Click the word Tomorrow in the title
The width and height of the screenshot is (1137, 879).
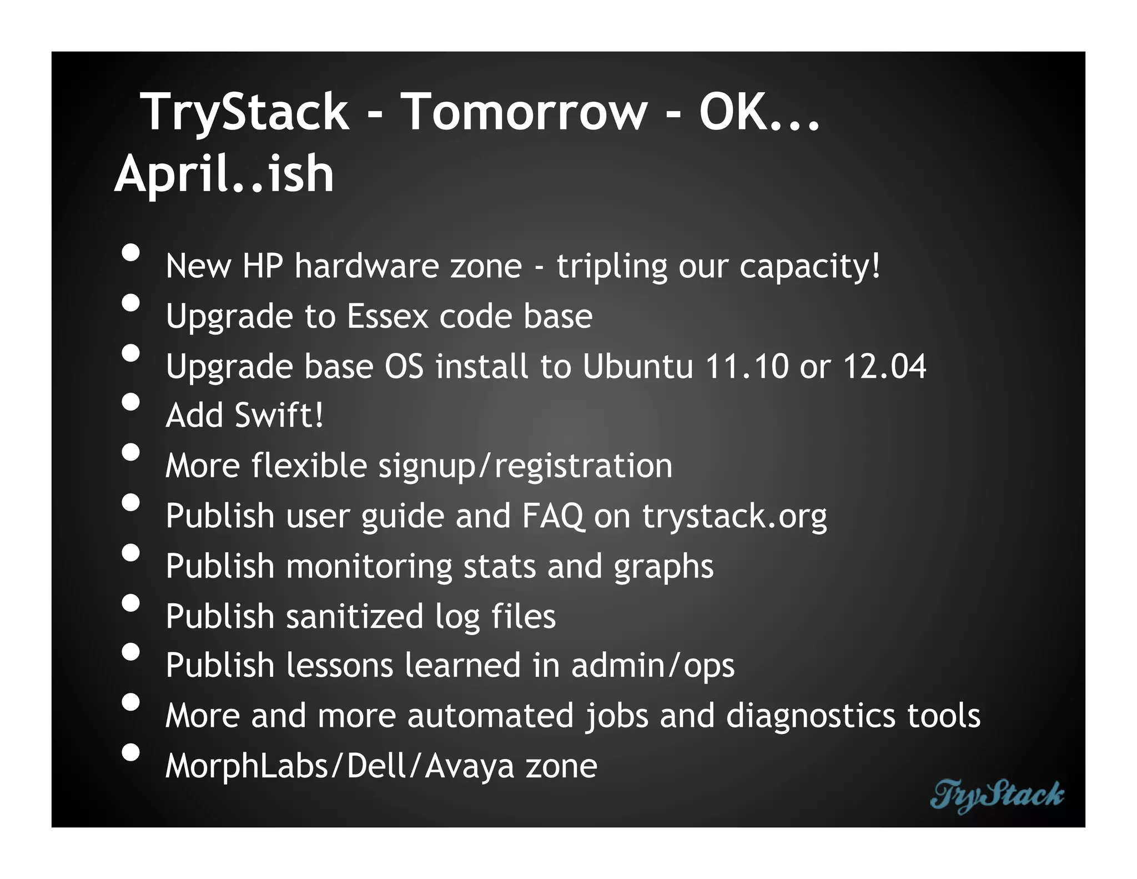click(524, 112)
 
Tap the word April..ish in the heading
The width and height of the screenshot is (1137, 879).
click(224, 174)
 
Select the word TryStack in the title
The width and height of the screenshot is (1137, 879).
click(245, 113)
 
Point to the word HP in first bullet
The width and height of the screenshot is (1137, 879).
click(263, 266)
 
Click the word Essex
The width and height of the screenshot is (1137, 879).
click(388, 316)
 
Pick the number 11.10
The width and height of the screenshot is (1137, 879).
click(747, 367)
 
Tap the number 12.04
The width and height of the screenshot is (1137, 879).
click(884, 367)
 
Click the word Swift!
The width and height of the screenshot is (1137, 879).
click(279, 416)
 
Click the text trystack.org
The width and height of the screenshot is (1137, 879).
click(734, 517)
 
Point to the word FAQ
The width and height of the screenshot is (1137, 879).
click(552, 516)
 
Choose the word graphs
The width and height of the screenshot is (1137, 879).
click(663, 567)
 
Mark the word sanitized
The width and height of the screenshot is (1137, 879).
click(355, 616)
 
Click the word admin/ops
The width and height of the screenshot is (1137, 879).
click(653, 666)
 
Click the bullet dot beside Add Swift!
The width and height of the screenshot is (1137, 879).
click(130, 402)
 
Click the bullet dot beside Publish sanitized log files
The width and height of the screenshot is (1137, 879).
click(130, 603)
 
